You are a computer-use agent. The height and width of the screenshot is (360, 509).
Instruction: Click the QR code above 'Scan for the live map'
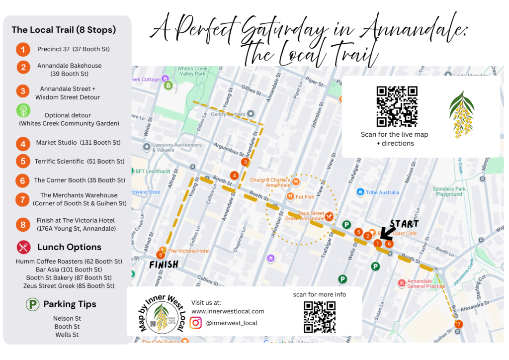click(396, 106)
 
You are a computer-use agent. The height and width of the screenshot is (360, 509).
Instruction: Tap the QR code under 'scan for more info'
click(319, 317)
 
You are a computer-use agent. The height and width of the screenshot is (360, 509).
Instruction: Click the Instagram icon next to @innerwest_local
click(196, 323)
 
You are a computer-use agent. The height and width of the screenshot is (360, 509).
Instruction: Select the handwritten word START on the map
click(404, 224)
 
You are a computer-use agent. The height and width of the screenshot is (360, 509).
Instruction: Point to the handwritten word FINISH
click(164, 265)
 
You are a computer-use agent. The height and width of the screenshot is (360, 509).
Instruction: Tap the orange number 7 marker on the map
click(458, 324)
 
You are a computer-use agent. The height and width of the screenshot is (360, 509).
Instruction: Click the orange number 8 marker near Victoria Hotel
click(160, 255)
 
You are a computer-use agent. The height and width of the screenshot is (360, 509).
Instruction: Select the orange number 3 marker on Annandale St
click(245, 162)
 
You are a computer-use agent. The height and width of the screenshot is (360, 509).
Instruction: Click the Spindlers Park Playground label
click(449, 192)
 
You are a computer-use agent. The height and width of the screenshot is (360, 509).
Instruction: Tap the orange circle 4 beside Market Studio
click(22, 144)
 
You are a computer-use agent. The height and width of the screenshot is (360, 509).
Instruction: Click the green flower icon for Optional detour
click(23, 110)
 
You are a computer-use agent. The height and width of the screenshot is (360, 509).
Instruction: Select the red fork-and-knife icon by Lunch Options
click(23, 247)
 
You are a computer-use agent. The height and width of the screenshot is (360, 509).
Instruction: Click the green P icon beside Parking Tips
click(32, 304)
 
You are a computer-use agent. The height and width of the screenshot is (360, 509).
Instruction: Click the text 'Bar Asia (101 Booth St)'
click(69, 270)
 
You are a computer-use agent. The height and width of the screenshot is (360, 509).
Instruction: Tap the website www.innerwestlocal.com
click(228, 311)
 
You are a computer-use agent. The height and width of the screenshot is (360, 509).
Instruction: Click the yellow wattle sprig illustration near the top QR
click(462, 114)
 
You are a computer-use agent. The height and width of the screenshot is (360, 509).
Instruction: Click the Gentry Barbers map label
click(228, 114)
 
